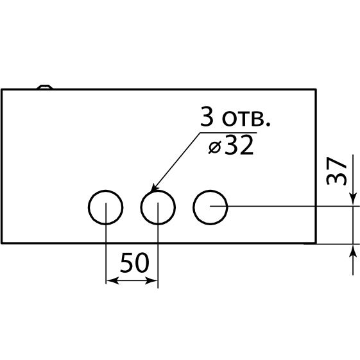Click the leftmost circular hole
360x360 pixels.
coord(89,207)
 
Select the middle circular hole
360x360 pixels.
coord(141,207)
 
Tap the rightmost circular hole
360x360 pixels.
coord(193,207)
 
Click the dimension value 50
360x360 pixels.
coord(135,263)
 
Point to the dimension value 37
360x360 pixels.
coord(336,171)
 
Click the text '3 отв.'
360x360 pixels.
coord(236,117)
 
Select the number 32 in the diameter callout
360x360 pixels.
coord(239,145)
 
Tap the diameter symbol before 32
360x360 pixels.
coord(215,147)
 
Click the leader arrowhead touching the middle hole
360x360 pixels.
coord(153,188)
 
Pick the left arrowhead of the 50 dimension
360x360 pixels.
coord(112,280)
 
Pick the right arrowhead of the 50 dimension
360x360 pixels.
coord(151,280)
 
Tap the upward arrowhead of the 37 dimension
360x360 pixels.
coord(353,251)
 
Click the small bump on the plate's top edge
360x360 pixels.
coord(45,87)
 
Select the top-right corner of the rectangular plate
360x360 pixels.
coord(316,90)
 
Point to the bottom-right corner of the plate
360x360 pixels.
coord(316,243)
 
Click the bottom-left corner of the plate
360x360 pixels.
coord(2,243)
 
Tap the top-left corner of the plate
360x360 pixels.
coord(2,90)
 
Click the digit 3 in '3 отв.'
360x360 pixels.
coord(206,117)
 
